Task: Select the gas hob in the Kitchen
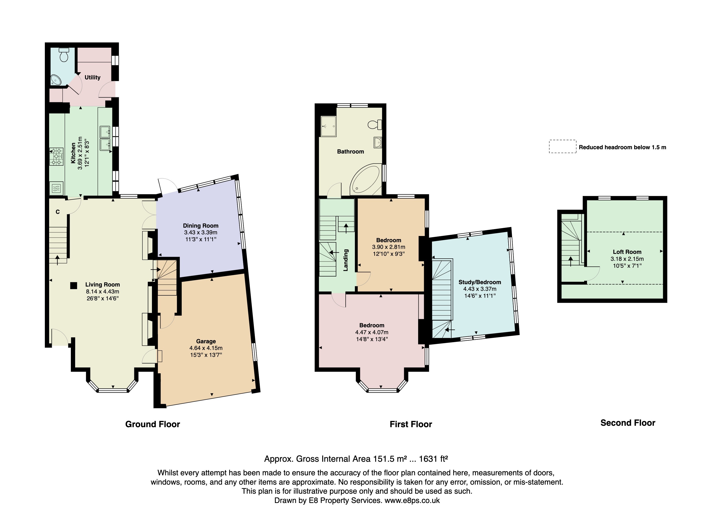coord(56,157)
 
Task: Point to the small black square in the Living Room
coord(73,286)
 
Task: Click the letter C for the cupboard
coord(58,212)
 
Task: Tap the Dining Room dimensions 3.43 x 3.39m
coord(201,232)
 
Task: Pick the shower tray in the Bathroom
coord(328,126)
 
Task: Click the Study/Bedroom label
coord(479,282)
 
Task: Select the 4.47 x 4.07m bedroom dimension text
coord(372,332)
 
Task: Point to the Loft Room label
coord(627,252)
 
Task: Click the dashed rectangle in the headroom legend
coord(562,147)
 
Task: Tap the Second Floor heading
coord(627,423)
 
